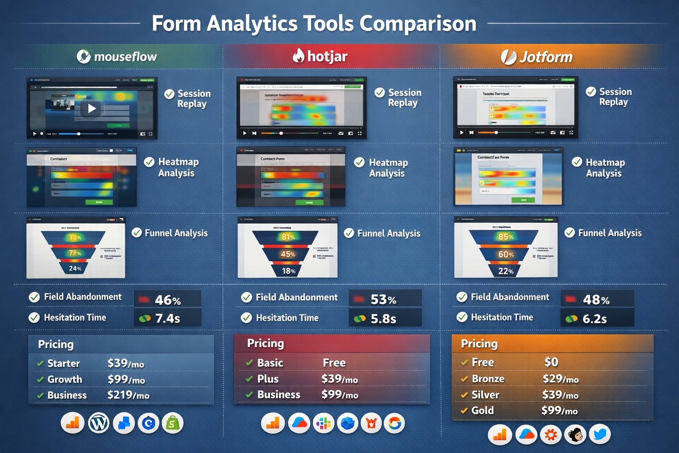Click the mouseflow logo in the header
tap(84, 56)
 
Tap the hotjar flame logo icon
tap(298, 56)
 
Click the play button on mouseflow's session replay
tap(92, 108)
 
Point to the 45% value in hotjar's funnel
tap(288, 254)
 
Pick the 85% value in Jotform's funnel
tap(506, 237)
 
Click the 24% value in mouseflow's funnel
tap(75, 269)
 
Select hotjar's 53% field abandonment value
tap(383, 299)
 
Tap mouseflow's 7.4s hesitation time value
tap(168, 318)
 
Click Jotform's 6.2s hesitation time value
tap(595, 319)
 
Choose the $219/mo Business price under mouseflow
tap(128, 395)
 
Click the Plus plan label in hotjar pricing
tap(268, 379)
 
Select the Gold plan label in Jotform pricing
tap(482, 411)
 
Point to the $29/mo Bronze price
tap(561, 379)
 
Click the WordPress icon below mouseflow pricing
tap(99, 423)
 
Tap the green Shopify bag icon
tap(172, 423)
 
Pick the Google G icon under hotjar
tap(394, 423)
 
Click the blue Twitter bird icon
tap(599, 434)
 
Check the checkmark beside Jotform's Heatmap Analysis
tap(577, 162)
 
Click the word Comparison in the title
tap(418, 23)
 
